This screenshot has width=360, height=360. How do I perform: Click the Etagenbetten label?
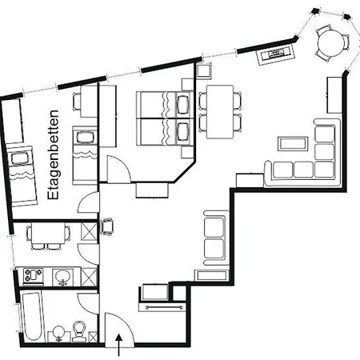click(53, 154)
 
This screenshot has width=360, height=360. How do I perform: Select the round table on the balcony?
click(331, 43)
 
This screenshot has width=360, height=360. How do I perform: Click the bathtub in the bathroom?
click(31, 317)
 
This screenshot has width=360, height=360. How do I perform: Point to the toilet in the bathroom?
click(79, 331)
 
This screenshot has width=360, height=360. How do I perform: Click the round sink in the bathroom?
click(59, 333)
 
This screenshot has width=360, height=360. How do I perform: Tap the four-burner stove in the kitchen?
click(33, 275)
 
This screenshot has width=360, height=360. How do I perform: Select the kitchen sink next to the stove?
click(63, 277)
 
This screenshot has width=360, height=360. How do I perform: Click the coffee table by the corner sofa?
click(293, 143)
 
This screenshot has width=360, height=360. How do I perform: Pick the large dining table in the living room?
click(220, 112)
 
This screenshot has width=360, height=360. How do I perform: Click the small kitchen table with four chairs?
click(48, 234)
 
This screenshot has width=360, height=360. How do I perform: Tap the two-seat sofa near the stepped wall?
click(215, 238)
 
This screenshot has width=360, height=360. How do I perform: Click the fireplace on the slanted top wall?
click(276, 54)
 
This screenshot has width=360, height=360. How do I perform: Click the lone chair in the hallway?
click(107, 226)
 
